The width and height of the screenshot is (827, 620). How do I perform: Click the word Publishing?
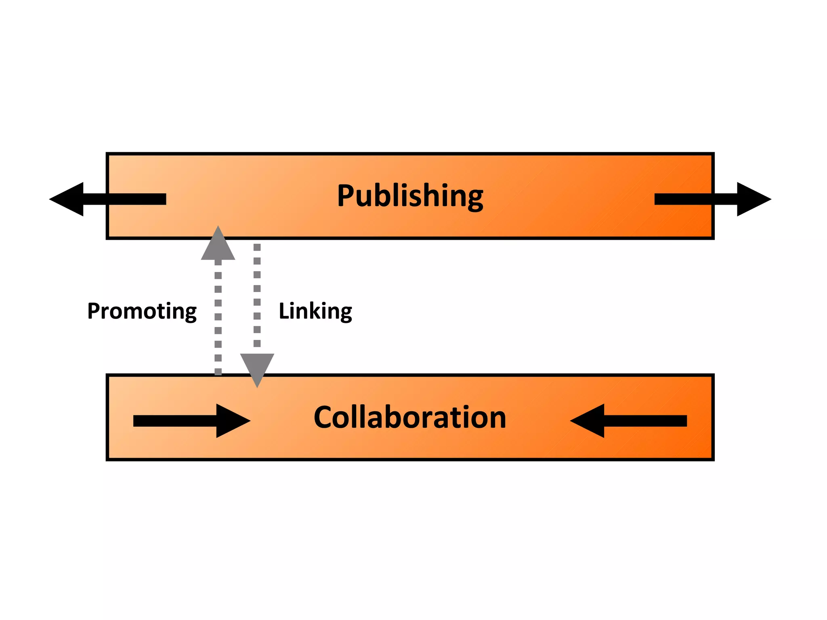click(410, 196)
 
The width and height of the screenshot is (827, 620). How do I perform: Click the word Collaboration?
click(410, 417)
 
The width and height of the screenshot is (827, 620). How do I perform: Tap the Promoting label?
click(142, 311)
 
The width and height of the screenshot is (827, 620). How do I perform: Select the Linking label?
click(315, 311)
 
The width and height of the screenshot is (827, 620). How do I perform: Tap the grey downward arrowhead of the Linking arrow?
click(257, 368)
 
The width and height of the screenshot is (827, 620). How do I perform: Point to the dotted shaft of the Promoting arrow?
click(218, 317)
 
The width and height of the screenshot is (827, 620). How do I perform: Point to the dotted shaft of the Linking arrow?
click(257, 295)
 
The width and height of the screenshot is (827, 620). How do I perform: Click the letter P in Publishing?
click(346, 195)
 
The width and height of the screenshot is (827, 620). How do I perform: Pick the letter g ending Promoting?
click(190, 314)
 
